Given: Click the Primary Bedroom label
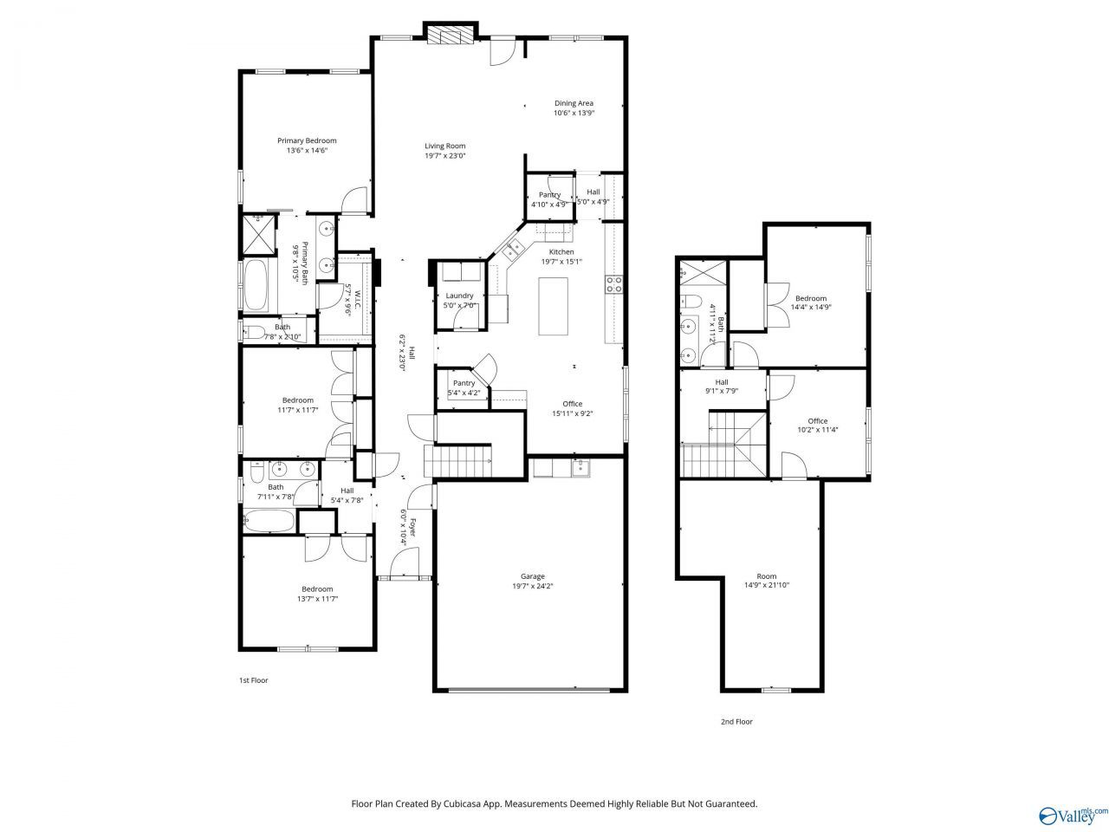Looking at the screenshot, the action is [307, 140].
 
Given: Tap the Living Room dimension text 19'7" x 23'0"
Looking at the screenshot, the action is [444, 156].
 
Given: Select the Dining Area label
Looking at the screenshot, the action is [574, 103].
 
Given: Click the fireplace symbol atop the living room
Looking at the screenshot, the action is [451, 35].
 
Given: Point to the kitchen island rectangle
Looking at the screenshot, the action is [553, 306].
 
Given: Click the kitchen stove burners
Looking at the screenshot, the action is [614, 284].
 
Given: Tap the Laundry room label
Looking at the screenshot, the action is [459, 296].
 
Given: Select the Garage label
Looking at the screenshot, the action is [533, 575].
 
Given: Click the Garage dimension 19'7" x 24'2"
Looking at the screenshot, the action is [533, 586].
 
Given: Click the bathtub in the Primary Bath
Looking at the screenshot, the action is [256, 285].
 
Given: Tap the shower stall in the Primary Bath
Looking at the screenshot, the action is [259, 234].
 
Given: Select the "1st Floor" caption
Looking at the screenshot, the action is [254, 680].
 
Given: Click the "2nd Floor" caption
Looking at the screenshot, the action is [736, 722].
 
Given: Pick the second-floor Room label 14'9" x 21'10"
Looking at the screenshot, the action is [767, 581].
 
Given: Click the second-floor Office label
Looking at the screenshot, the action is [818, 421].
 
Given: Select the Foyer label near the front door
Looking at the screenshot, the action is [412, 527].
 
